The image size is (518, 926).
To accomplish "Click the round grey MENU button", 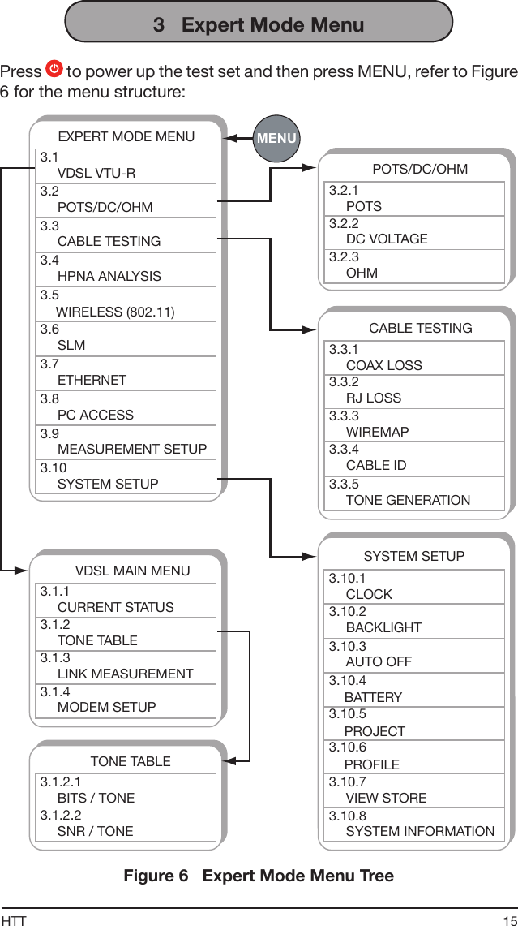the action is click(x=276, y=138).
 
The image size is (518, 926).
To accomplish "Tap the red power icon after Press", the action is click(x=54, y=71).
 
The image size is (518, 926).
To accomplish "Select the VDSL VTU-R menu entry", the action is click(x=126, y=166).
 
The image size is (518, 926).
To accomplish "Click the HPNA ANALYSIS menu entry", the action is click(x=126, y=269).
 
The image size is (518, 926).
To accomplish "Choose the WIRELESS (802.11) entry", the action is click(x=126, y=304).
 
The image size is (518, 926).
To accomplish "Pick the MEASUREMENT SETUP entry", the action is click(x=126, y=441).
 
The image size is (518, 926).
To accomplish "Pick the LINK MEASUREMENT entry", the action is click(x=126, y=666).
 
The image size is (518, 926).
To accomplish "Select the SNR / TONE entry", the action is click(x=126, y=824).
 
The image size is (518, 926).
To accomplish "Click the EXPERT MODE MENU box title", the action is click(x=126, y=136).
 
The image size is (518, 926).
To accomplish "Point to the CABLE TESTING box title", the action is click(x=420, y=328).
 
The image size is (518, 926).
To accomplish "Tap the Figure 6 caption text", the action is click(x=259, y=876).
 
